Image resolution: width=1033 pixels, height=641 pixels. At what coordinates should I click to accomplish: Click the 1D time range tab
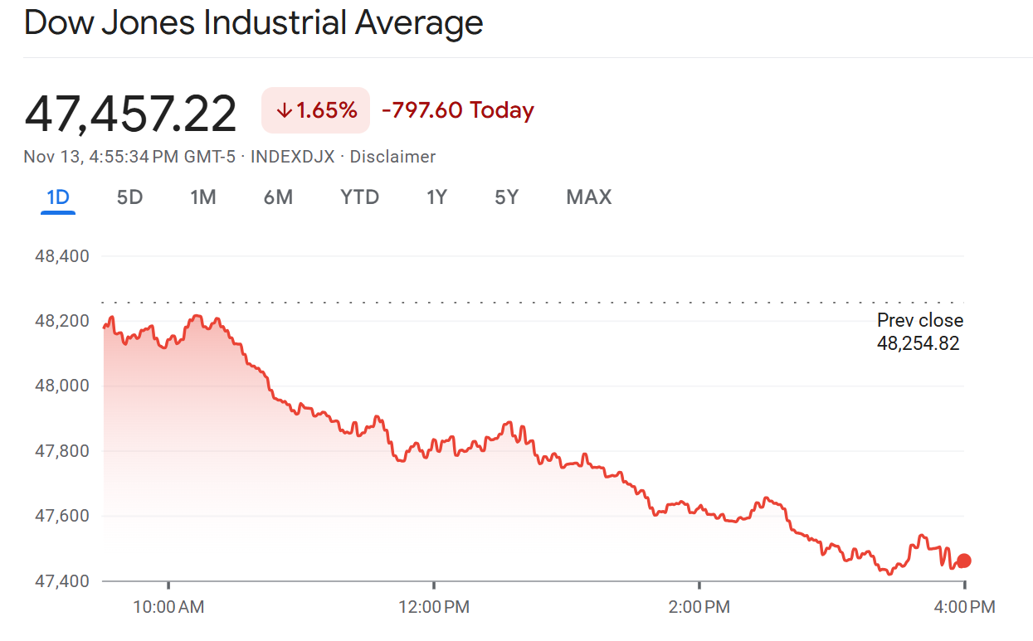(x=58, y=197)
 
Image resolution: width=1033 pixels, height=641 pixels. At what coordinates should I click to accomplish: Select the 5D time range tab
(x=129, y=197)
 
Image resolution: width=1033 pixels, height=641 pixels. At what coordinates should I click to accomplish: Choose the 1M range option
(x=202, y=197)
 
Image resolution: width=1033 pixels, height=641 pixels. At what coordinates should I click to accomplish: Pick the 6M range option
(x=278, y=197)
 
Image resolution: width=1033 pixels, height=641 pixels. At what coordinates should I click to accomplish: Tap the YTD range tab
(x=359, y=197)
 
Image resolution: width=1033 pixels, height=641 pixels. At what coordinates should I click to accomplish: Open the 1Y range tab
(x=436, y=197)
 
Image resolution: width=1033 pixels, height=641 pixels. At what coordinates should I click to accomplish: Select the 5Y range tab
(x=506, y=197)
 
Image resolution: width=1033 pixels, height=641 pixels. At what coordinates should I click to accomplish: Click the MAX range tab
(x=588, y=197)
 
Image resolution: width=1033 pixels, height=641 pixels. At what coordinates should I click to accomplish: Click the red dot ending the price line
(x=963, y=561)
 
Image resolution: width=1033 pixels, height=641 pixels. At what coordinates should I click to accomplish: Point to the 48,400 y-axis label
(x=61, y=255)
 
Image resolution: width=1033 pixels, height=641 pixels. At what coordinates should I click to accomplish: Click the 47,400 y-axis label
(x=61, y=580)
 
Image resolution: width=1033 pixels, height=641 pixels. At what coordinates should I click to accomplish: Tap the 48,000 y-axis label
(x=61, y=386)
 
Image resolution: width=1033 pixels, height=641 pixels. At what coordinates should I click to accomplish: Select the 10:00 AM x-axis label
(x=168, y=607)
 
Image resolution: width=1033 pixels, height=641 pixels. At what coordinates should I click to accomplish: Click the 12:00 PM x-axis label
(x=434, y=607)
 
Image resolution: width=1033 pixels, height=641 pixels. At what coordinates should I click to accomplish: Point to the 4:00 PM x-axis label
(x=963, y=607)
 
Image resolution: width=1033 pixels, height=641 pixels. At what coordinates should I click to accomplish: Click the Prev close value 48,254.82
(x=918, y=342)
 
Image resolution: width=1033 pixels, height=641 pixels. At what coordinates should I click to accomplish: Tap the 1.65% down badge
(x=315, y=110)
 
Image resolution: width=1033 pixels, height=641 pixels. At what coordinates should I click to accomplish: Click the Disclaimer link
(x=392, y=157)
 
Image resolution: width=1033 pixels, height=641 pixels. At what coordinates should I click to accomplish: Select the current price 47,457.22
(x=130, y=114)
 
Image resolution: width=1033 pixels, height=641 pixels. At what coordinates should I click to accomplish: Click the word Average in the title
(x=419, y=23)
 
